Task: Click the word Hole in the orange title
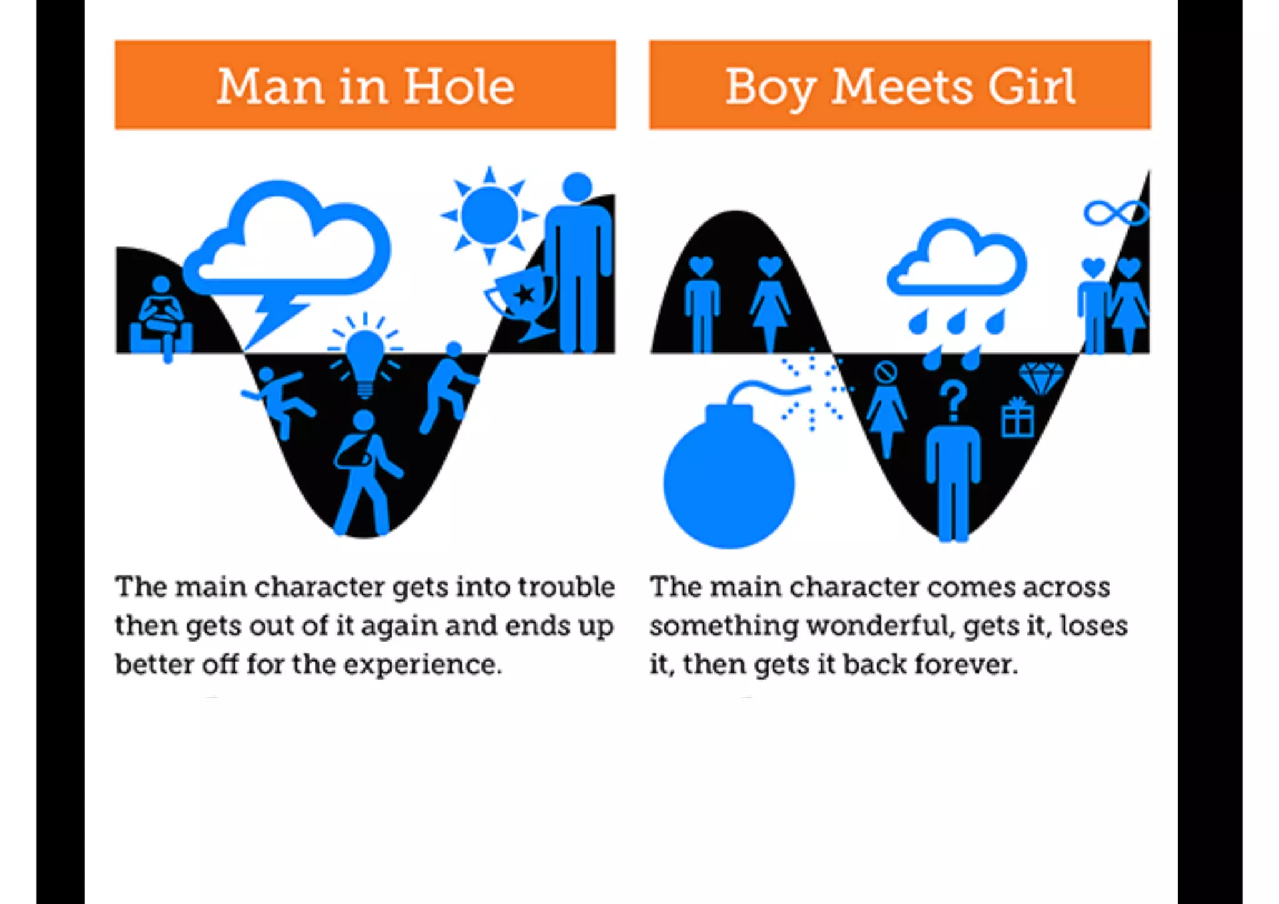tap(459, 87)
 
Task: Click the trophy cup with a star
tap(522, 300)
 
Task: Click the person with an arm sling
tap(365, 472)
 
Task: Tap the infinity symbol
tap(1115, 213)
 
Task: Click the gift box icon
tap(1017, 417)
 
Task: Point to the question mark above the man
tap(953, 400)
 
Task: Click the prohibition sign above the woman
tap(886, 372)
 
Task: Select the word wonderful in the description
tap(880, 626)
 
